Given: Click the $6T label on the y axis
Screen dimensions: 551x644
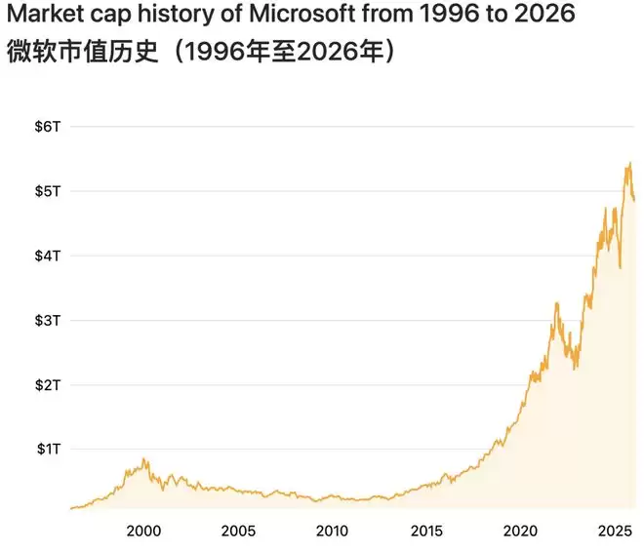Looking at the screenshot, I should pos(49,127).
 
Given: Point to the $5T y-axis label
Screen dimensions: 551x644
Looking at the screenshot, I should pos(49,191).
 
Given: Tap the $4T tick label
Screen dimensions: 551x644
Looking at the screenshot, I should pos(49,256).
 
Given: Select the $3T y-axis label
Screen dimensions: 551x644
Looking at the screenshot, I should pos(49,320).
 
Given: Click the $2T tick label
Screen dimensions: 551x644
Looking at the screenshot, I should pos(49,384).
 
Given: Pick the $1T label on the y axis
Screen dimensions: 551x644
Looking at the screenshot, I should pos(49,449).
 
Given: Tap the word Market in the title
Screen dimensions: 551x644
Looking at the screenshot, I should pos(42,16).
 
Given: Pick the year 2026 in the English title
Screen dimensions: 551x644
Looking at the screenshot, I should pos(546,16).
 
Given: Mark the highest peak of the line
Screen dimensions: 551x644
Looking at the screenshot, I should pos(629,163).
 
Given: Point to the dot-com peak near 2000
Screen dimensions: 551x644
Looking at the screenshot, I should pos(145,458).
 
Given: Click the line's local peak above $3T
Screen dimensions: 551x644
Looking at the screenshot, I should pos(556,304).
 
